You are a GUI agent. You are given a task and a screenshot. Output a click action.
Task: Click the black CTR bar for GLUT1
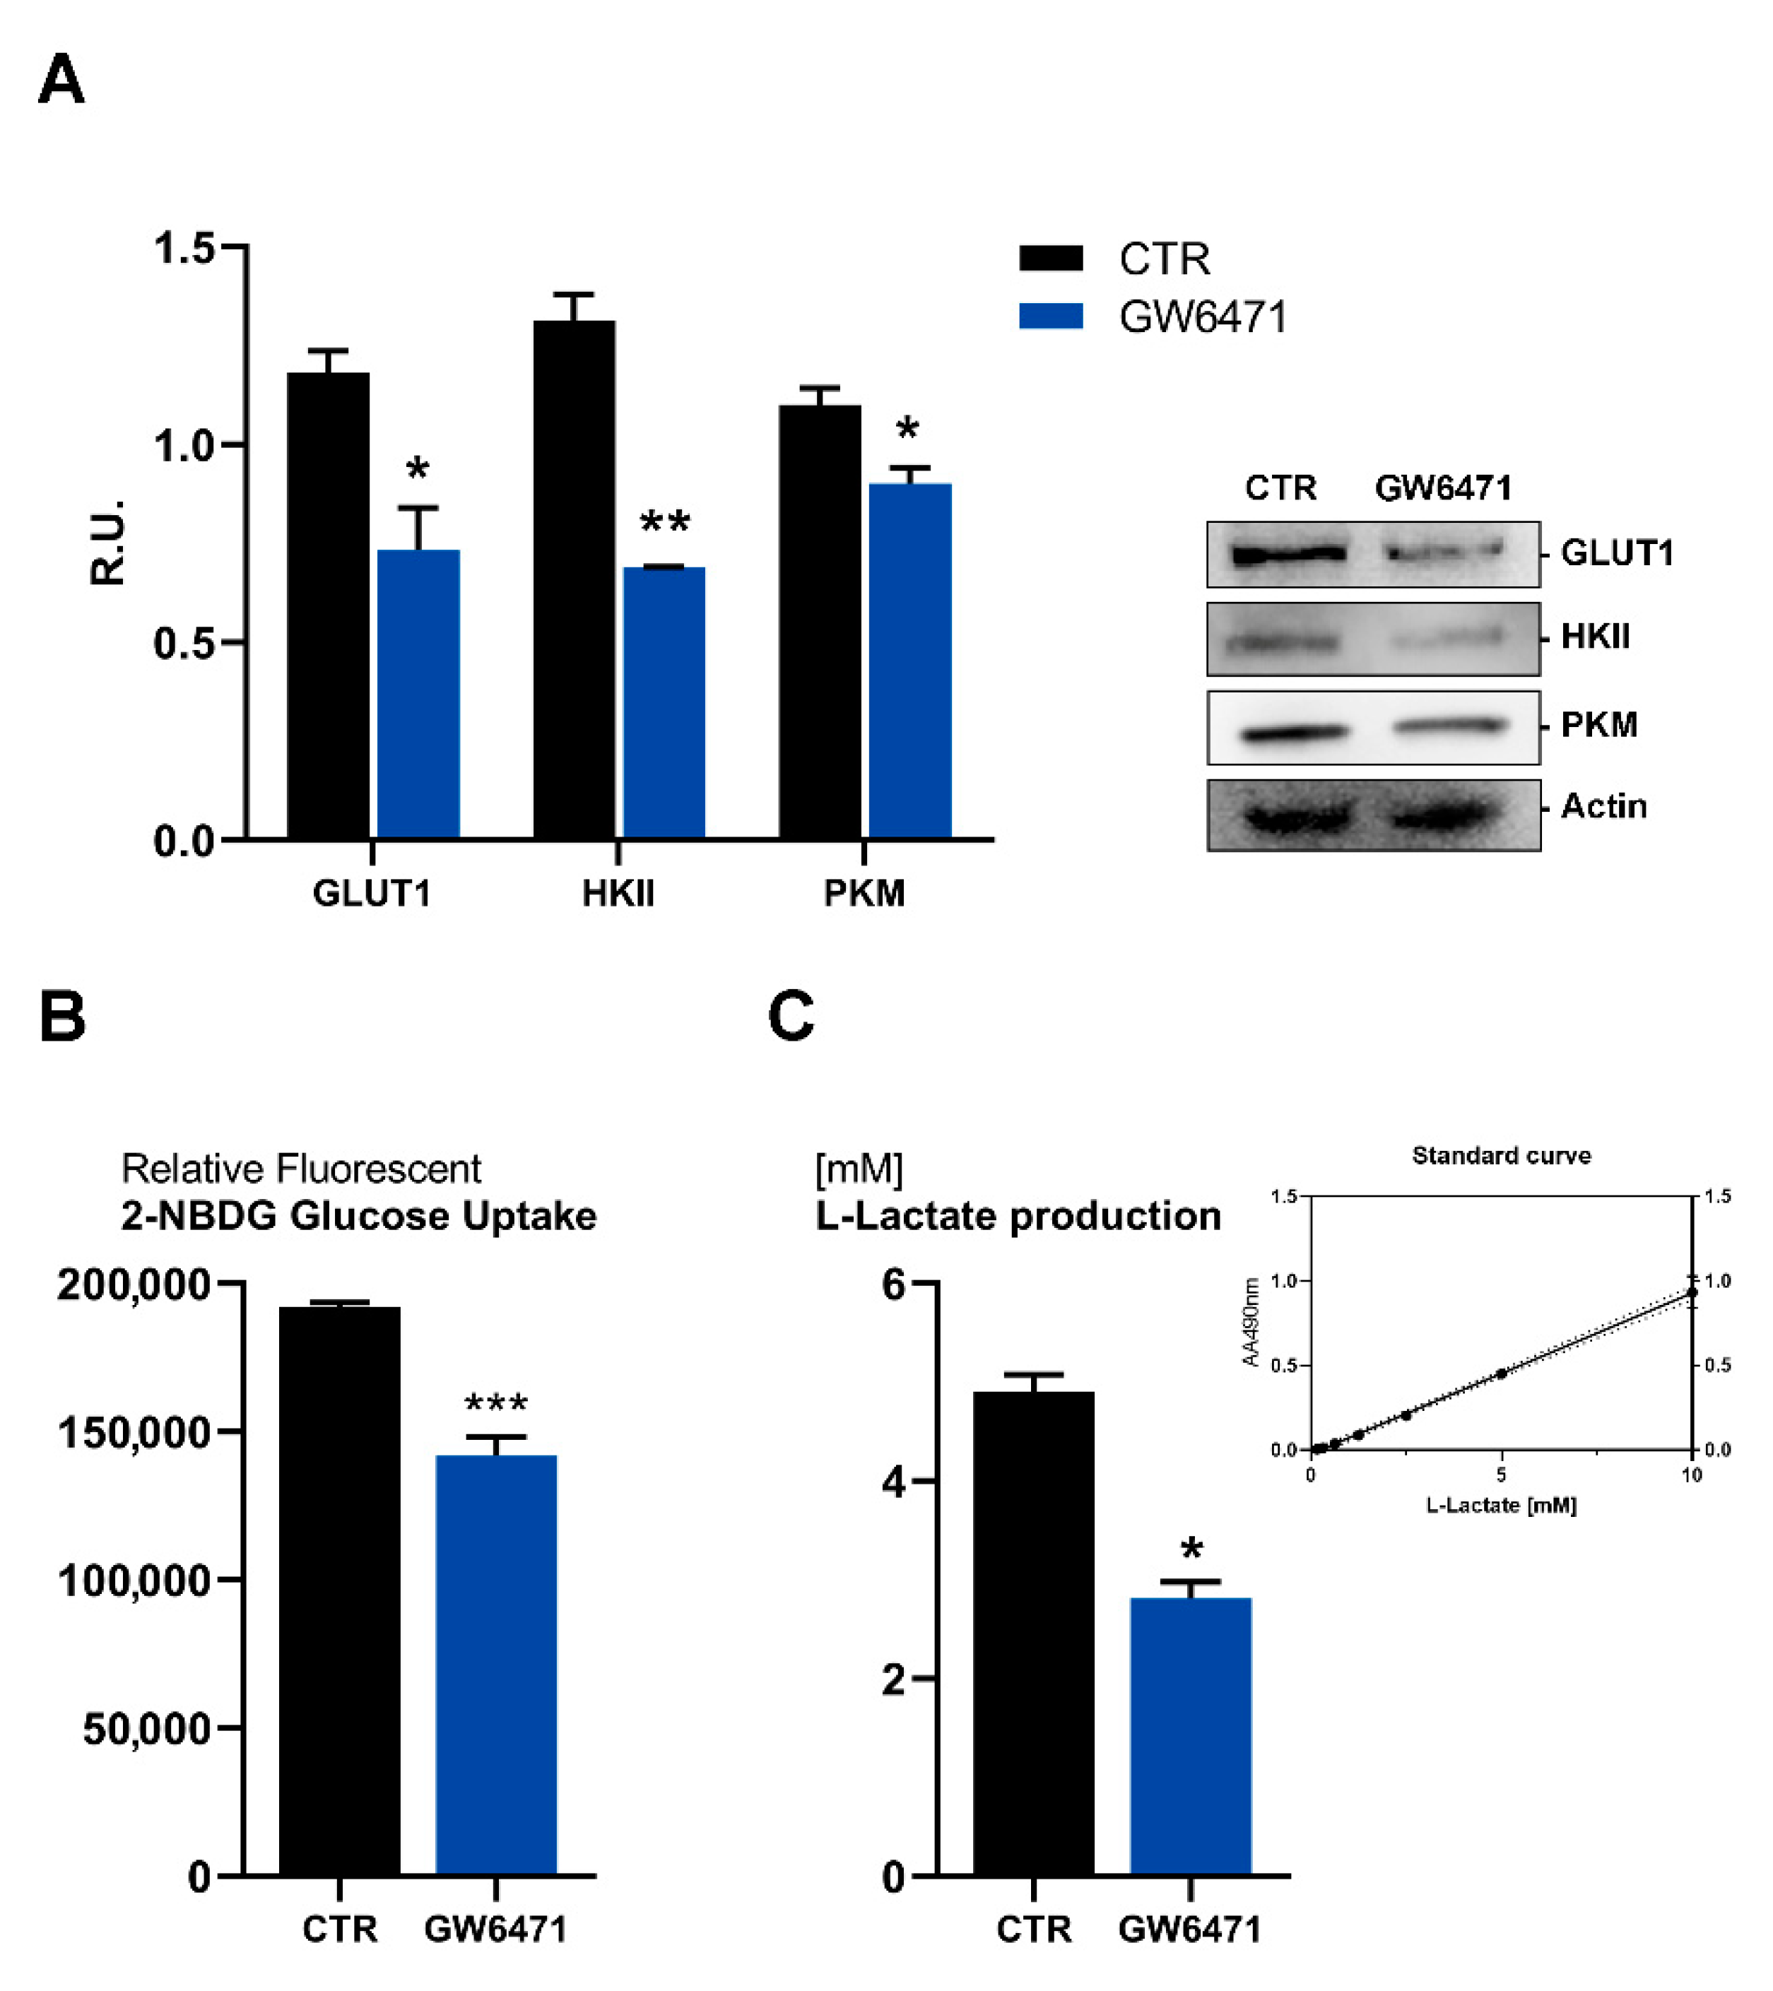coord(329,605)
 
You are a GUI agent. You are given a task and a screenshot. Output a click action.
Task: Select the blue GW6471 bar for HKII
coord(664,702)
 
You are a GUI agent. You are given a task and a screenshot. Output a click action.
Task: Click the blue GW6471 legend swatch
coord(1051,317)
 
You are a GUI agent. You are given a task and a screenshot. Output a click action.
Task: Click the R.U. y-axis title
coord(107,543)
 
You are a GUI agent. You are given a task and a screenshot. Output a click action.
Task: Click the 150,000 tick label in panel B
coord(134,1433)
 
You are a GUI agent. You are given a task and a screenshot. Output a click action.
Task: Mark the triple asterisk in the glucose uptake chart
coord(496,1404)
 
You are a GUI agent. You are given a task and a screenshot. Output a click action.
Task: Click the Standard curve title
coord(1501,1155)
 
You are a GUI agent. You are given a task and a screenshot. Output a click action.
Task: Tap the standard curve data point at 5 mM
coord(1501,1373)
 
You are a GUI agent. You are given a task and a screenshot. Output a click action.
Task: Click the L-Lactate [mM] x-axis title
coord(1501,1505)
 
